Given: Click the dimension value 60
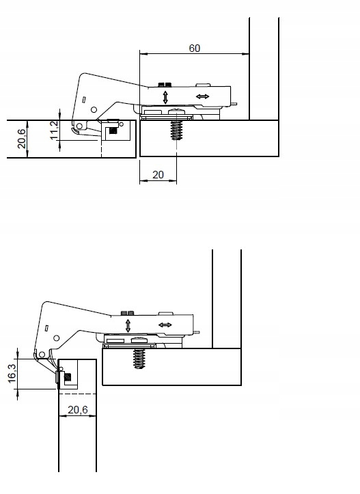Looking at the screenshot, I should (195, 48).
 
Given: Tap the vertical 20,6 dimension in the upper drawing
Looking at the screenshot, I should (21, 139).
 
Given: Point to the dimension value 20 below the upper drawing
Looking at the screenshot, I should (158, 175).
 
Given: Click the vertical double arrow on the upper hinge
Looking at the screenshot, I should (165, 98).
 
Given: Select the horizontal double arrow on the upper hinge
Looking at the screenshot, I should (203, 97).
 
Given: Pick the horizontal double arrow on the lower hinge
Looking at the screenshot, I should (165, 324).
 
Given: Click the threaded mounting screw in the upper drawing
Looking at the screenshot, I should (176, 128).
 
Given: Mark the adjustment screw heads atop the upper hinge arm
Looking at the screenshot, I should (164, 84).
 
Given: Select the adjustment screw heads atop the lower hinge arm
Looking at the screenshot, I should (126, 312).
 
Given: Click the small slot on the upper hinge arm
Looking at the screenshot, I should (83, 100).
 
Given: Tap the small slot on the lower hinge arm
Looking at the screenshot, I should (46, 329).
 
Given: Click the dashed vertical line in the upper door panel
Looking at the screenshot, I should (101, 146).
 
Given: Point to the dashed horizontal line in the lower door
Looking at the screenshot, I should (79, 394).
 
